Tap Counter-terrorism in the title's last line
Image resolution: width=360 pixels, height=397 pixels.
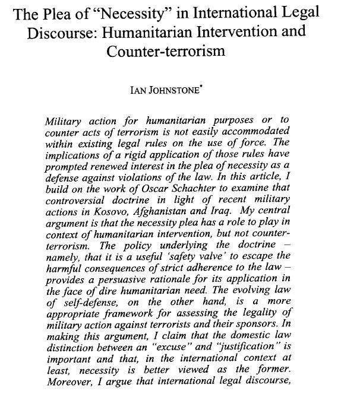click(166, 50)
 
